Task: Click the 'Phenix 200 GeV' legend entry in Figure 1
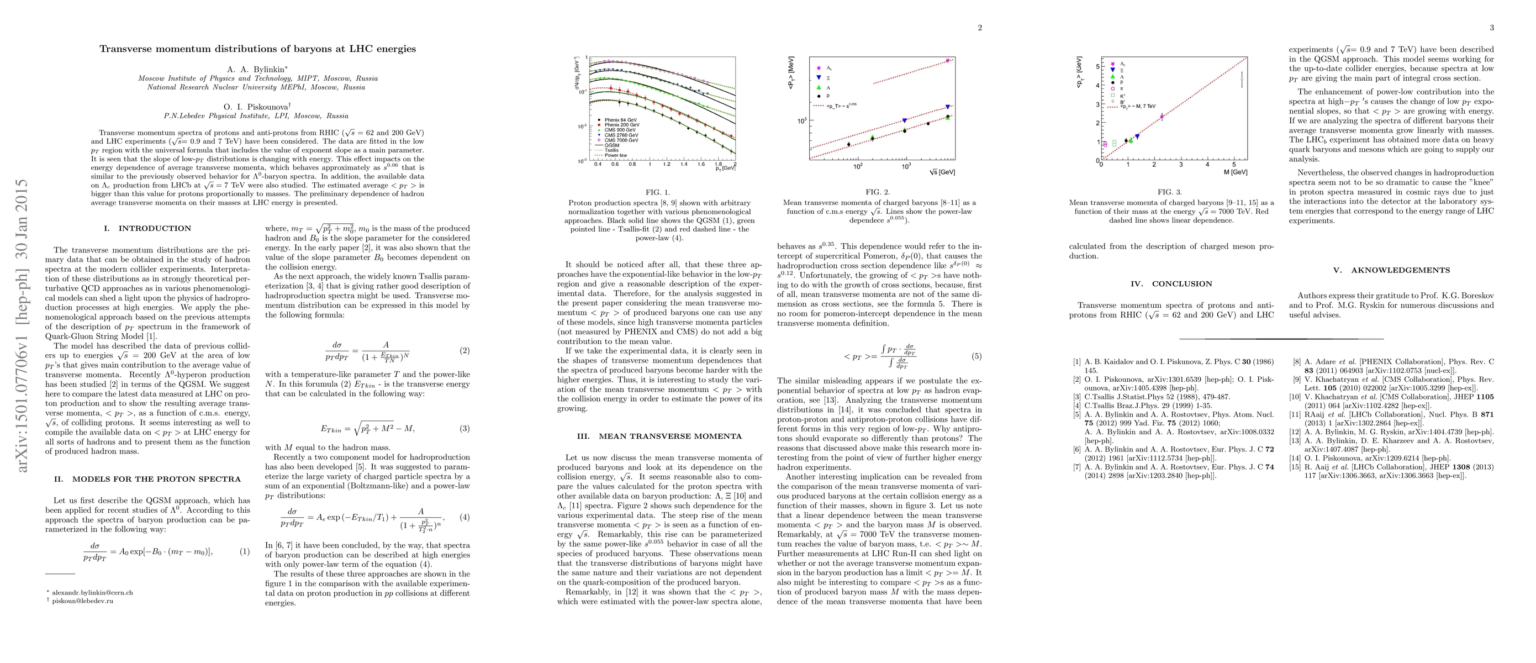(x=621, y=125)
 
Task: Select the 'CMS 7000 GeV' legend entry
(x=621, y=140)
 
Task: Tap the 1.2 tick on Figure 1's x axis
(x=667, y=164)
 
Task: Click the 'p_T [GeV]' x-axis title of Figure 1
(x=725, y=169)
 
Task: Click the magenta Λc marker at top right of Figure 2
(x=947, y=61)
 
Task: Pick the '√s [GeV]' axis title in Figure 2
(x=942, y=172)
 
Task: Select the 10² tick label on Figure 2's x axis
(x=858, y=166)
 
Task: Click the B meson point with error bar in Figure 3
(x=1242, y=80)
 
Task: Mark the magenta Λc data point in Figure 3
(x=1162, y=117)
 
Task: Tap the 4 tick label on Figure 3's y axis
(x=1096, y=85)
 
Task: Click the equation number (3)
(x=465, y=429)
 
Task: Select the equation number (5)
(x=976, y=356)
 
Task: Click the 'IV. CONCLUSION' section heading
(x=1171, y=284)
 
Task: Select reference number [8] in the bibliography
(x=1296, y=361)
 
